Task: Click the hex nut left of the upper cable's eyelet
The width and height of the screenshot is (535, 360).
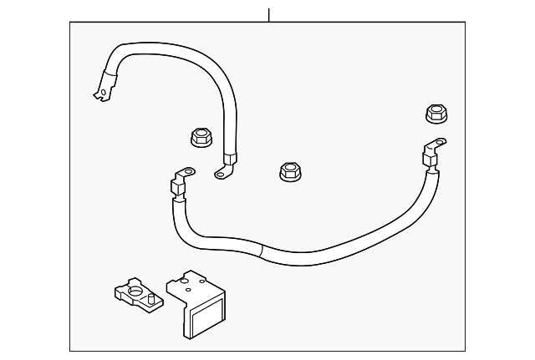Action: click(x=201, y=137)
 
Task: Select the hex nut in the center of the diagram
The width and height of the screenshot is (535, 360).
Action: click(x=288, y=173)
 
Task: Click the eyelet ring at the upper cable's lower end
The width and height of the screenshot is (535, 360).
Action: click(x=222, y=173)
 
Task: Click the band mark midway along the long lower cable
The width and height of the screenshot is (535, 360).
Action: click(x=261, y=248)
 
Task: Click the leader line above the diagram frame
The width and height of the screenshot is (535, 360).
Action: click(x=269, y=14)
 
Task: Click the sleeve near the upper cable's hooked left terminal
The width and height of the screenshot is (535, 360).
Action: click(x=106, y=80)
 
